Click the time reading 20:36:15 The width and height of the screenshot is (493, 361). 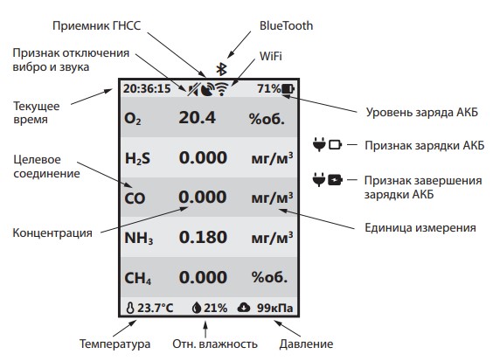tap(147, 89)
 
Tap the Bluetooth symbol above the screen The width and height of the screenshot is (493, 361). tap(222, 69)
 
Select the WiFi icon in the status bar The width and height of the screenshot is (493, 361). tap(222, 89)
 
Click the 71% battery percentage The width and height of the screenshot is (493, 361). tap(269, 88)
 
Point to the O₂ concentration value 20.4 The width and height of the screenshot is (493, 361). tap(198, 118)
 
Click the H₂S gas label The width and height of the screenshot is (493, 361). tap(137, 158)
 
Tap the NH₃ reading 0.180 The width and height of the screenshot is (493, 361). tap(203, 237)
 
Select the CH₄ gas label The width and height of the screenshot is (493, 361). tap(138, 278)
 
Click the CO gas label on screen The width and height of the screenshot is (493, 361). tap(135, 198)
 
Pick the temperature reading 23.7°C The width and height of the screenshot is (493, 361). tap(156, 308)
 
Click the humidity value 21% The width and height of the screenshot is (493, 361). tap(215, 308)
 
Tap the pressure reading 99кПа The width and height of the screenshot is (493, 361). tap(275, 308)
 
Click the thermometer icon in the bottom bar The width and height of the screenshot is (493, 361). tap(130, 308)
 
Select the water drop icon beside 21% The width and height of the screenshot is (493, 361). tap(197, 308)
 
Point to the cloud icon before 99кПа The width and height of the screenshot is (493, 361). tap(244, 307)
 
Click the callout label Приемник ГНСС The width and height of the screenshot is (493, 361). tap(96, 26)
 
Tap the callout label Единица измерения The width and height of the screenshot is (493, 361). tap(420, 227)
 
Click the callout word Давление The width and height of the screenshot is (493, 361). tap(306, 344)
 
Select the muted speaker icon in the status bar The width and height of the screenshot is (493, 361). tap(193, 90)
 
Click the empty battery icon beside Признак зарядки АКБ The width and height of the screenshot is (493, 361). tap(335, 144)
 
